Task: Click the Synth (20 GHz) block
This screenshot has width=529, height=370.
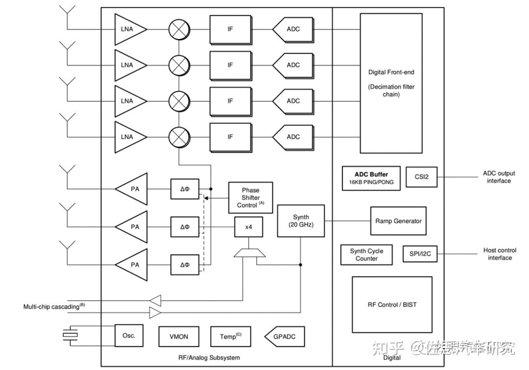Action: tap(301, 221)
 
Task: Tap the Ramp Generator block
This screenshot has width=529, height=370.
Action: tap(398, 221)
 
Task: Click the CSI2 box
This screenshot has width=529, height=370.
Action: tap(421, 177)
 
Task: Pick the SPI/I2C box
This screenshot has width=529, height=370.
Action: tap(420, 254)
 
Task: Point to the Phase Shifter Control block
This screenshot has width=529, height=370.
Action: tap(250, 197)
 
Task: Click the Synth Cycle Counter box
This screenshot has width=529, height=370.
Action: tap(366, 254)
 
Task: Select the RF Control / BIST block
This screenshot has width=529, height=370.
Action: tap(392, 304)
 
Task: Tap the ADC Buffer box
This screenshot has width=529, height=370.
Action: tap(371, 178)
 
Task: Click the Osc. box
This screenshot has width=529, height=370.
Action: tap(128, 336)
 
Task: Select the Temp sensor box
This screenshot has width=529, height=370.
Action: tap(230, 337)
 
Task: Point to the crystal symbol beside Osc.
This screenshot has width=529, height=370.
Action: tap(71, 335)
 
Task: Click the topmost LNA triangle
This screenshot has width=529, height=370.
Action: tap(128, 29)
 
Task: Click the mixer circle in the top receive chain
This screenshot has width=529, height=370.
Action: tap(179, 29)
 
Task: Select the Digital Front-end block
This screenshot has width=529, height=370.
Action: tap(391, 83)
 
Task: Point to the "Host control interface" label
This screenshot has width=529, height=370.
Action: tap(500, 254)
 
